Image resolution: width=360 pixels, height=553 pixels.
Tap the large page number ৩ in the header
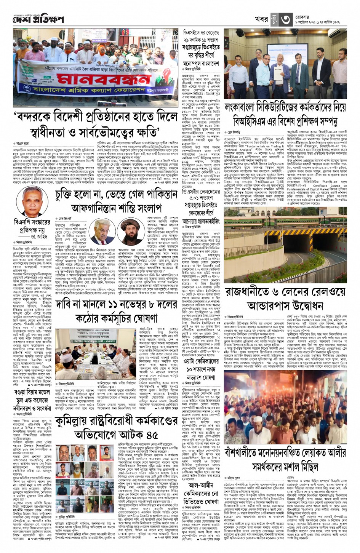pos(286,19)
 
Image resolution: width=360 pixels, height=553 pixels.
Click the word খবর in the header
pos(261,19)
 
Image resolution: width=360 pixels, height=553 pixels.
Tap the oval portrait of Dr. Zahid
pos(32,201)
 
